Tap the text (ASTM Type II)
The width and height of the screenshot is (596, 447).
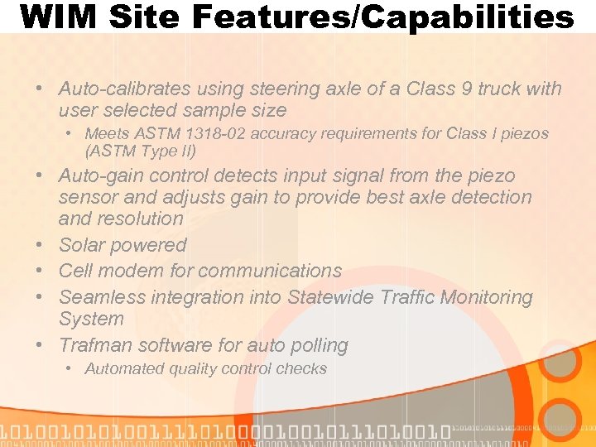tap(141, 151)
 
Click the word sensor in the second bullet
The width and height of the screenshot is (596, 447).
tap(86, 197)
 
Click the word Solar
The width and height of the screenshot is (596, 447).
tap(82, 245)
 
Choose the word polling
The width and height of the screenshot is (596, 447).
tap(320, 345)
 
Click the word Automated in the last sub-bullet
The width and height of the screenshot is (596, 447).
tap(125, 369)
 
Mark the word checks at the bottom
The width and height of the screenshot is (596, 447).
tap(302, 369)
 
